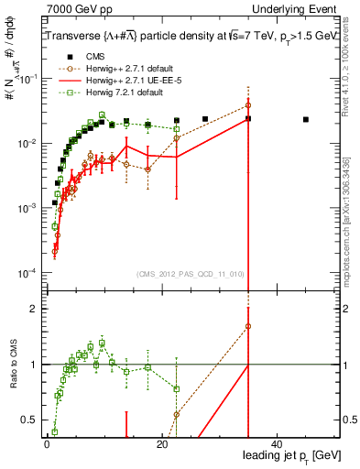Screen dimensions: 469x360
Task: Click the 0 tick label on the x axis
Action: pyautogui.click(x=47, y=443)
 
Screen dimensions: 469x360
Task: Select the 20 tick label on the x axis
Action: pyautogui.click(x=161, y=443)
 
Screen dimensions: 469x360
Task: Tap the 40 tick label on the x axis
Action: pyautogui.click(x=278, y=443)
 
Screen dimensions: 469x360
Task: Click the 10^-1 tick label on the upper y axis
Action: pyautogui.click(x=28, y=79)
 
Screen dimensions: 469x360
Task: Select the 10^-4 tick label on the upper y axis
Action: pyautogui.click(x=28, y=273)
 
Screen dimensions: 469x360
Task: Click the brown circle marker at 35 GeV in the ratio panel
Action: pyautogui.click(x=248, y=326)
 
